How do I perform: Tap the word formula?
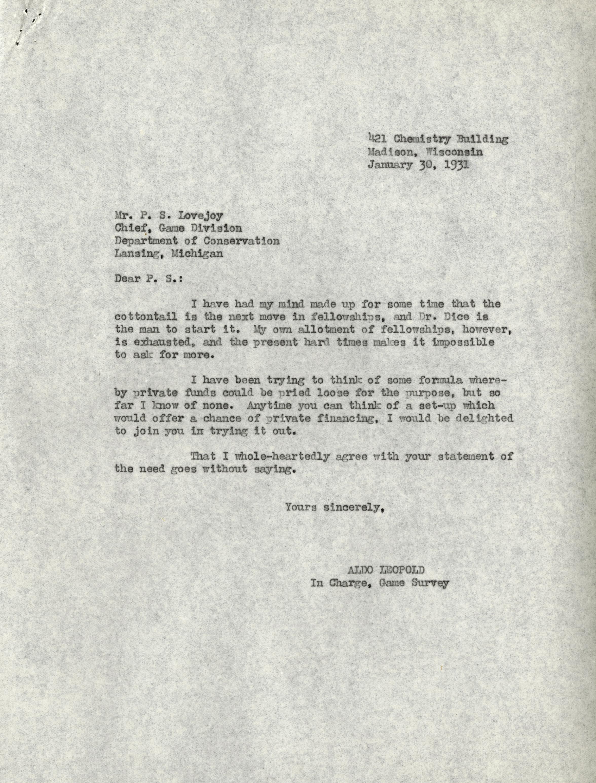click(440, 380)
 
